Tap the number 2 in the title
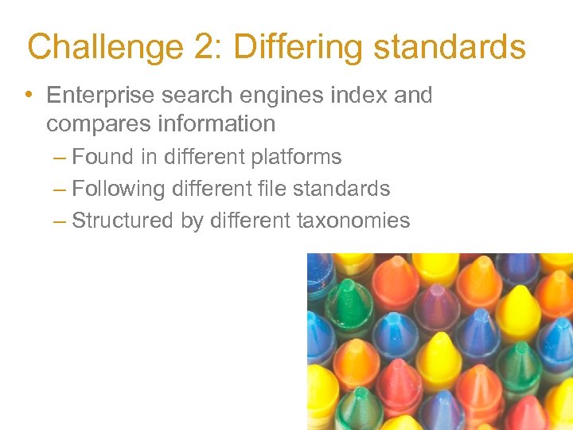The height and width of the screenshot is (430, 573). point(204,47)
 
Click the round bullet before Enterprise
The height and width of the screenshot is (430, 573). point(29,96)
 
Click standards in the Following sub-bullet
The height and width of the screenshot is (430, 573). point(345,189)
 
